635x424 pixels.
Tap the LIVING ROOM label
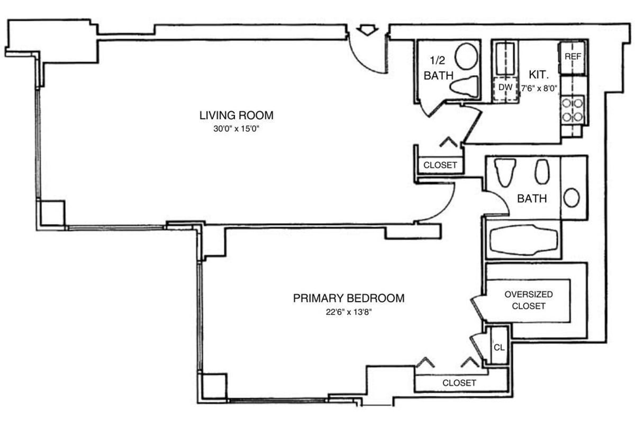(236, 115)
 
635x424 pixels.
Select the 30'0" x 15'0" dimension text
(236, 128)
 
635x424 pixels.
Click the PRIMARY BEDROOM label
(349, 298)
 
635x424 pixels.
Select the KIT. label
(539, 74)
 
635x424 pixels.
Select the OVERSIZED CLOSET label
(528, 300)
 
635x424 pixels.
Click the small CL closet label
(498, 348)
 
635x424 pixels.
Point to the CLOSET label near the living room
(440, 165)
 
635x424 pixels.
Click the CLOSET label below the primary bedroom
(459, 383)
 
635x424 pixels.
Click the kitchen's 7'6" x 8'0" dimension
(539, 89)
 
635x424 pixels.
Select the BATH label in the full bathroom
(532, 199)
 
